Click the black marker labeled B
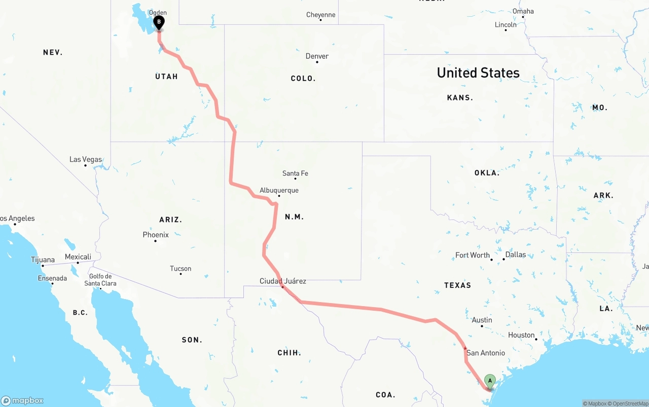pyautogui.click(x=159, y=22)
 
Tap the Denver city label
pyautogui.click(x=317, y=56)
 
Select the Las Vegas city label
pyautogui.click(x=86, y=160)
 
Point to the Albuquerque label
pyautogui.click(x=279, y=191)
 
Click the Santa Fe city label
pyautogui.click(x=295, y=173)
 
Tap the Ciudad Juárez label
pyautogui.click(x=282, y=281)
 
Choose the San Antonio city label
pyautogui.click(x=485, y=353)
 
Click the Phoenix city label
pyautogui.click(x=156, y=235)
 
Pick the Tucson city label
pyautogui.click(x=181, y=269)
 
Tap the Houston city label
pyautogui.click(x=521, y=335)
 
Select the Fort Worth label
pyautogui.click(x=473, y=255)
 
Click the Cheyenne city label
pyautogui.click(x=320, y=15)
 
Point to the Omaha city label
pyautogui.click(x=523, y=11)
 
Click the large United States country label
pyautogui.click(x=478, y=73)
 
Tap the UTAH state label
pyautogui.click(x=166, y=77)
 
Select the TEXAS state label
pyautogui.click(x=457, y=285)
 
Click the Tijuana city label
pyautogui.click(x=43, y=260)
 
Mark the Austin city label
pyautogui.click(x=482, y=320)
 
